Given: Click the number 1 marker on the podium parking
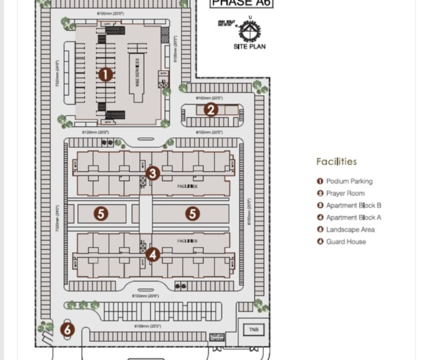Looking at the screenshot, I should point(105,74).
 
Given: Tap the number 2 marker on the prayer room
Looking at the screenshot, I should point(210,109).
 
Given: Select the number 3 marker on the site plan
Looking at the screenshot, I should point(153,173).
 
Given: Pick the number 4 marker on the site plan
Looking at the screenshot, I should point(153,255).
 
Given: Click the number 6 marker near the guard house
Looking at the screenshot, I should point(67,329).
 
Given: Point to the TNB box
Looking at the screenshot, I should point(253,329).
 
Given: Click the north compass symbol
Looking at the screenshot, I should point(250,30).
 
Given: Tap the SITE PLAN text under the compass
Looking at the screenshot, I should point(250,47).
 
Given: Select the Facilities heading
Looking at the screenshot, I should point(336,161).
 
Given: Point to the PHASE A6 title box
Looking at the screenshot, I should point(242,4).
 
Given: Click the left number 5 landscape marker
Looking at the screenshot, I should point(101,213).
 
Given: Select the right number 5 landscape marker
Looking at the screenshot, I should point(192,213).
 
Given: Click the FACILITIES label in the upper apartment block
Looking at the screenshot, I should point(187,187).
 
